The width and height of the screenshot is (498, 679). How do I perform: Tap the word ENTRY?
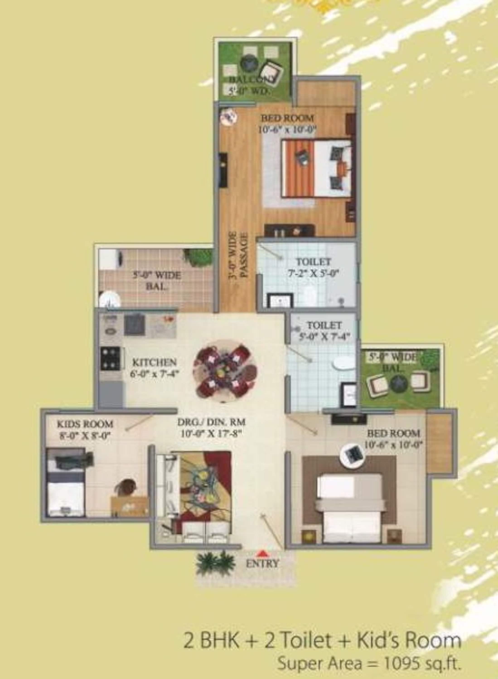[x=263, y=563]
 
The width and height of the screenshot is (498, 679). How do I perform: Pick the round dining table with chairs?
[x=225, y=371]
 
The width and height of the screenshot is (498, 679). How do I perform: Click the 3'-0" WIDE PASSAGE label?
[x=238, y=255]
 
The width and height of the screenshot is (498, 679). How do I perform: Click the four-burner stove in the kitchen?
[x=110, y=358]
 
